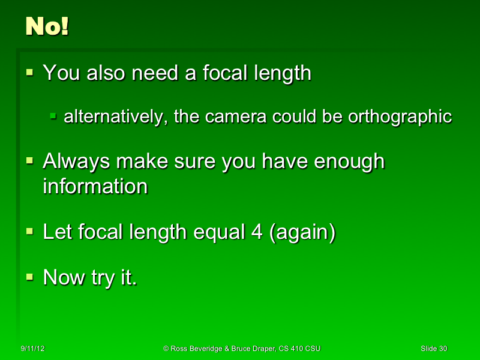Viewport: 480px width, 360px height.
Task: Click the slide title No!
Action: (47, 26)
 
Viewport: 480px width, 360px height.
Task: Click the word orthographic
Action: (400, 116)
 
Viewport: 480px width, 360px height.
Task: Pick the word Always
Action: (77, 161)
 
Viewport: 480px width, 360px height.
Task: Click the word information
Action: (95, 186)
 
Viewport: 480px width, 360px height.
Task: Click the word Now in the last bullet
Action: (64, 278)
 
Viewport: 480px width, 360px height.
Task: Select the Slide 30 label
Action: (434, 349)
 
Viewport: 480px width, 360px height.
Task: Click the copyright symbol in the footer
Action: (166, 349)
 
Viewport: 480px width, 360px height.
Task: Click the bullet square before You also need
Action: (30, 73)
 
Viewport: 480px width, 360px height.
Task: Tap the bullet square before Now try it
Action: (30, 278)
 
